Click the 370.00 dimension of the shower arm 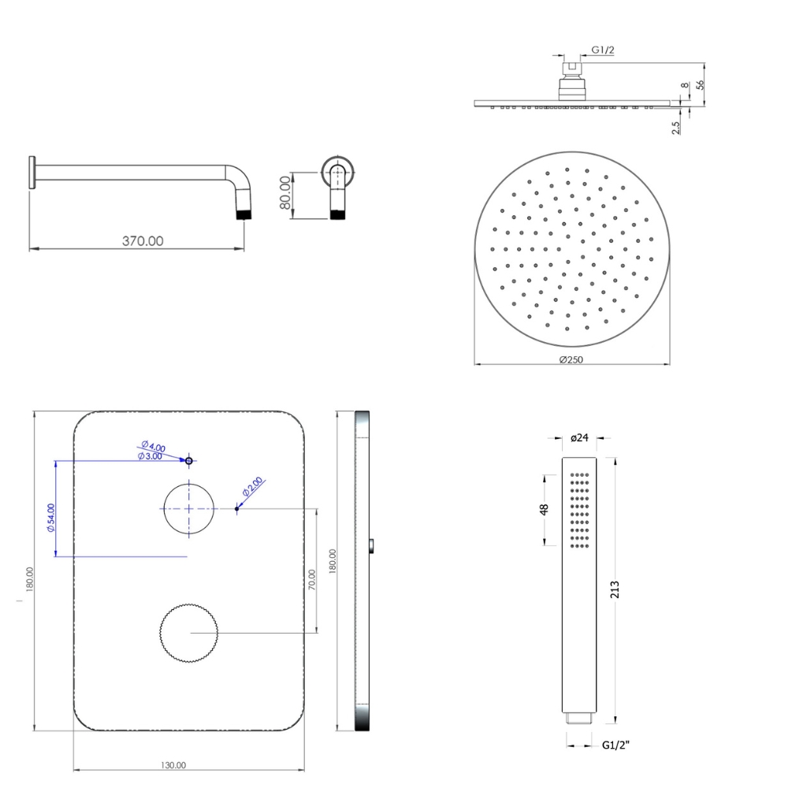coord(143,241)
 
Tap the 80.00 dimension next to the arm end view coord(285,192)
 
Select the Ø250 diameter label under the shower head coord(571,359)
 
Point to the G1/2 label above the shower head coord(603,50)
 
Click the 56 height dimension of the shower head coord(700,85)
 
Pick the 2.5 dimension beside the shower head coord(676,128)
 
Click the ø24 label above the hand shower coord(579,438)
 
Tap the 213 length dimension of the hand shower coord(615,590)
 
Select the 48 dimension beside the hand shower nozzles coord(544,510)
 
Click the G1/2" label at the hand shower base coord(615,745)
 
